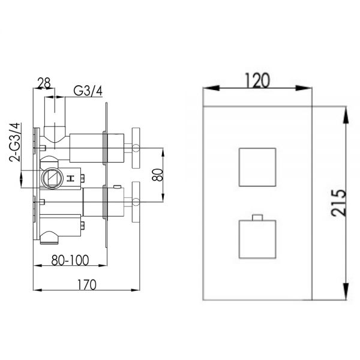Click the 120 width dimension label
click(x=257, y=80)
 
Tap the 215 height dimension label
click(x=338, y=203)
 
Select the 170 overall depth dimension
click(x=86, y=285)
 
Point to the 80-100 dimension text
click(x=70, y=260)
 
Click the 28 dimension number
click(x=44, y=83)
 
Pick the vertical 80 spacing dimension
click(x=158, y=175)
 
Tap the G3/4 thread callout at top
click(x=88, y=91)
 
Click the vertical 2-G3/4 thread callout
click(x=14, y=142)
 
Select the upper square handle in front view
click(x=257, y=167)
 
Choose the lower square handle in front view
click(x=257, y=239)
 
